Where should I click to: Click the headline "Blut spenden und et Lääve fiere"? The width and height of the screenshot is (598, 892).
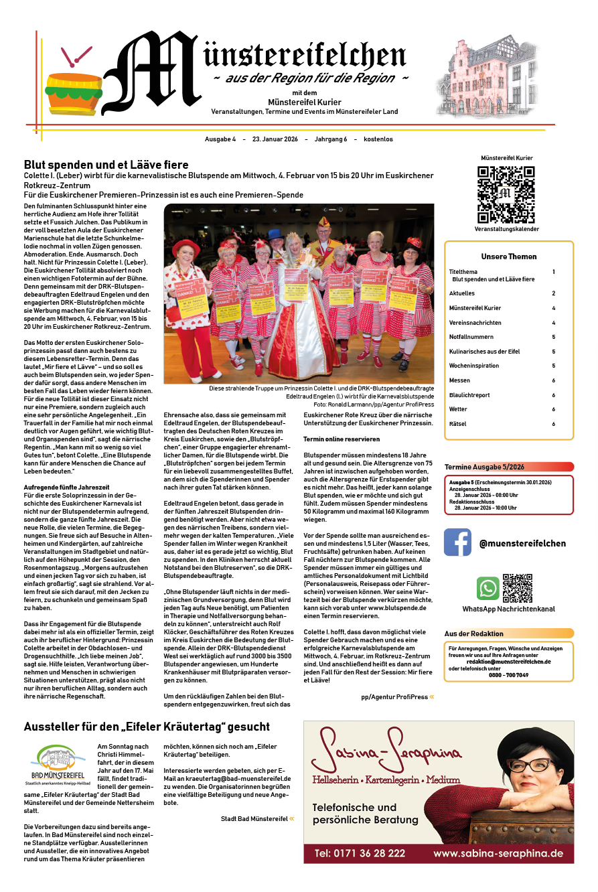point(106,165)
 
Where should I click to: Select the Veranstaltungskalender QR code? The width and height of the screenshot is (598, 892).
point(506,195)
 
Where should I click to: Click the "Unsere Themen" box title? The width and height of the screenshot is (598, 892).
point(509,256)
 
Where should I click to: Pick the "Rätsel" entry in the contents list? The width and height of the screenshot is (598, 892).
point(458,424)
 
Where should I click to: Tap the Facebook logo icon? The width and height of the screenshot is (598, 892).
point(458,542)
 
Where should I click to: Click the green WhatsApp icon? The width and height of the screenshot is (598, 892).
point(488,588)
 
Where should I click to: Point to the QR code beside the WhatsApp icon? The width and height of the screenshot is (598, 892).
point(517,588)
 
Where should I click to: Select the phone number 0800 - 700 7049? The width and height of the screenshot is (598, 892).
point(508,674)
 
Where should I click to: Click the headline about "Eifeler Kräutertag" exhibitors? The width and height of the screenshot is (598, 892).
point(147,727)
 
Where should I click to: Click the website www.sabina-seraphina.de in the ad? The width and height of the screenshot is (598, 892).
point(498,853)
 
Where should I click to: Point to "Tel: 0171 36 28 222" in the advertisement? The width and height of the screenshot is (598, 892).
point(360,853)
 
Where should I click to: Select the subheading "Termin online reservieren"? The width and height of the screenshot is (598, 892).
point(342,439)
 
